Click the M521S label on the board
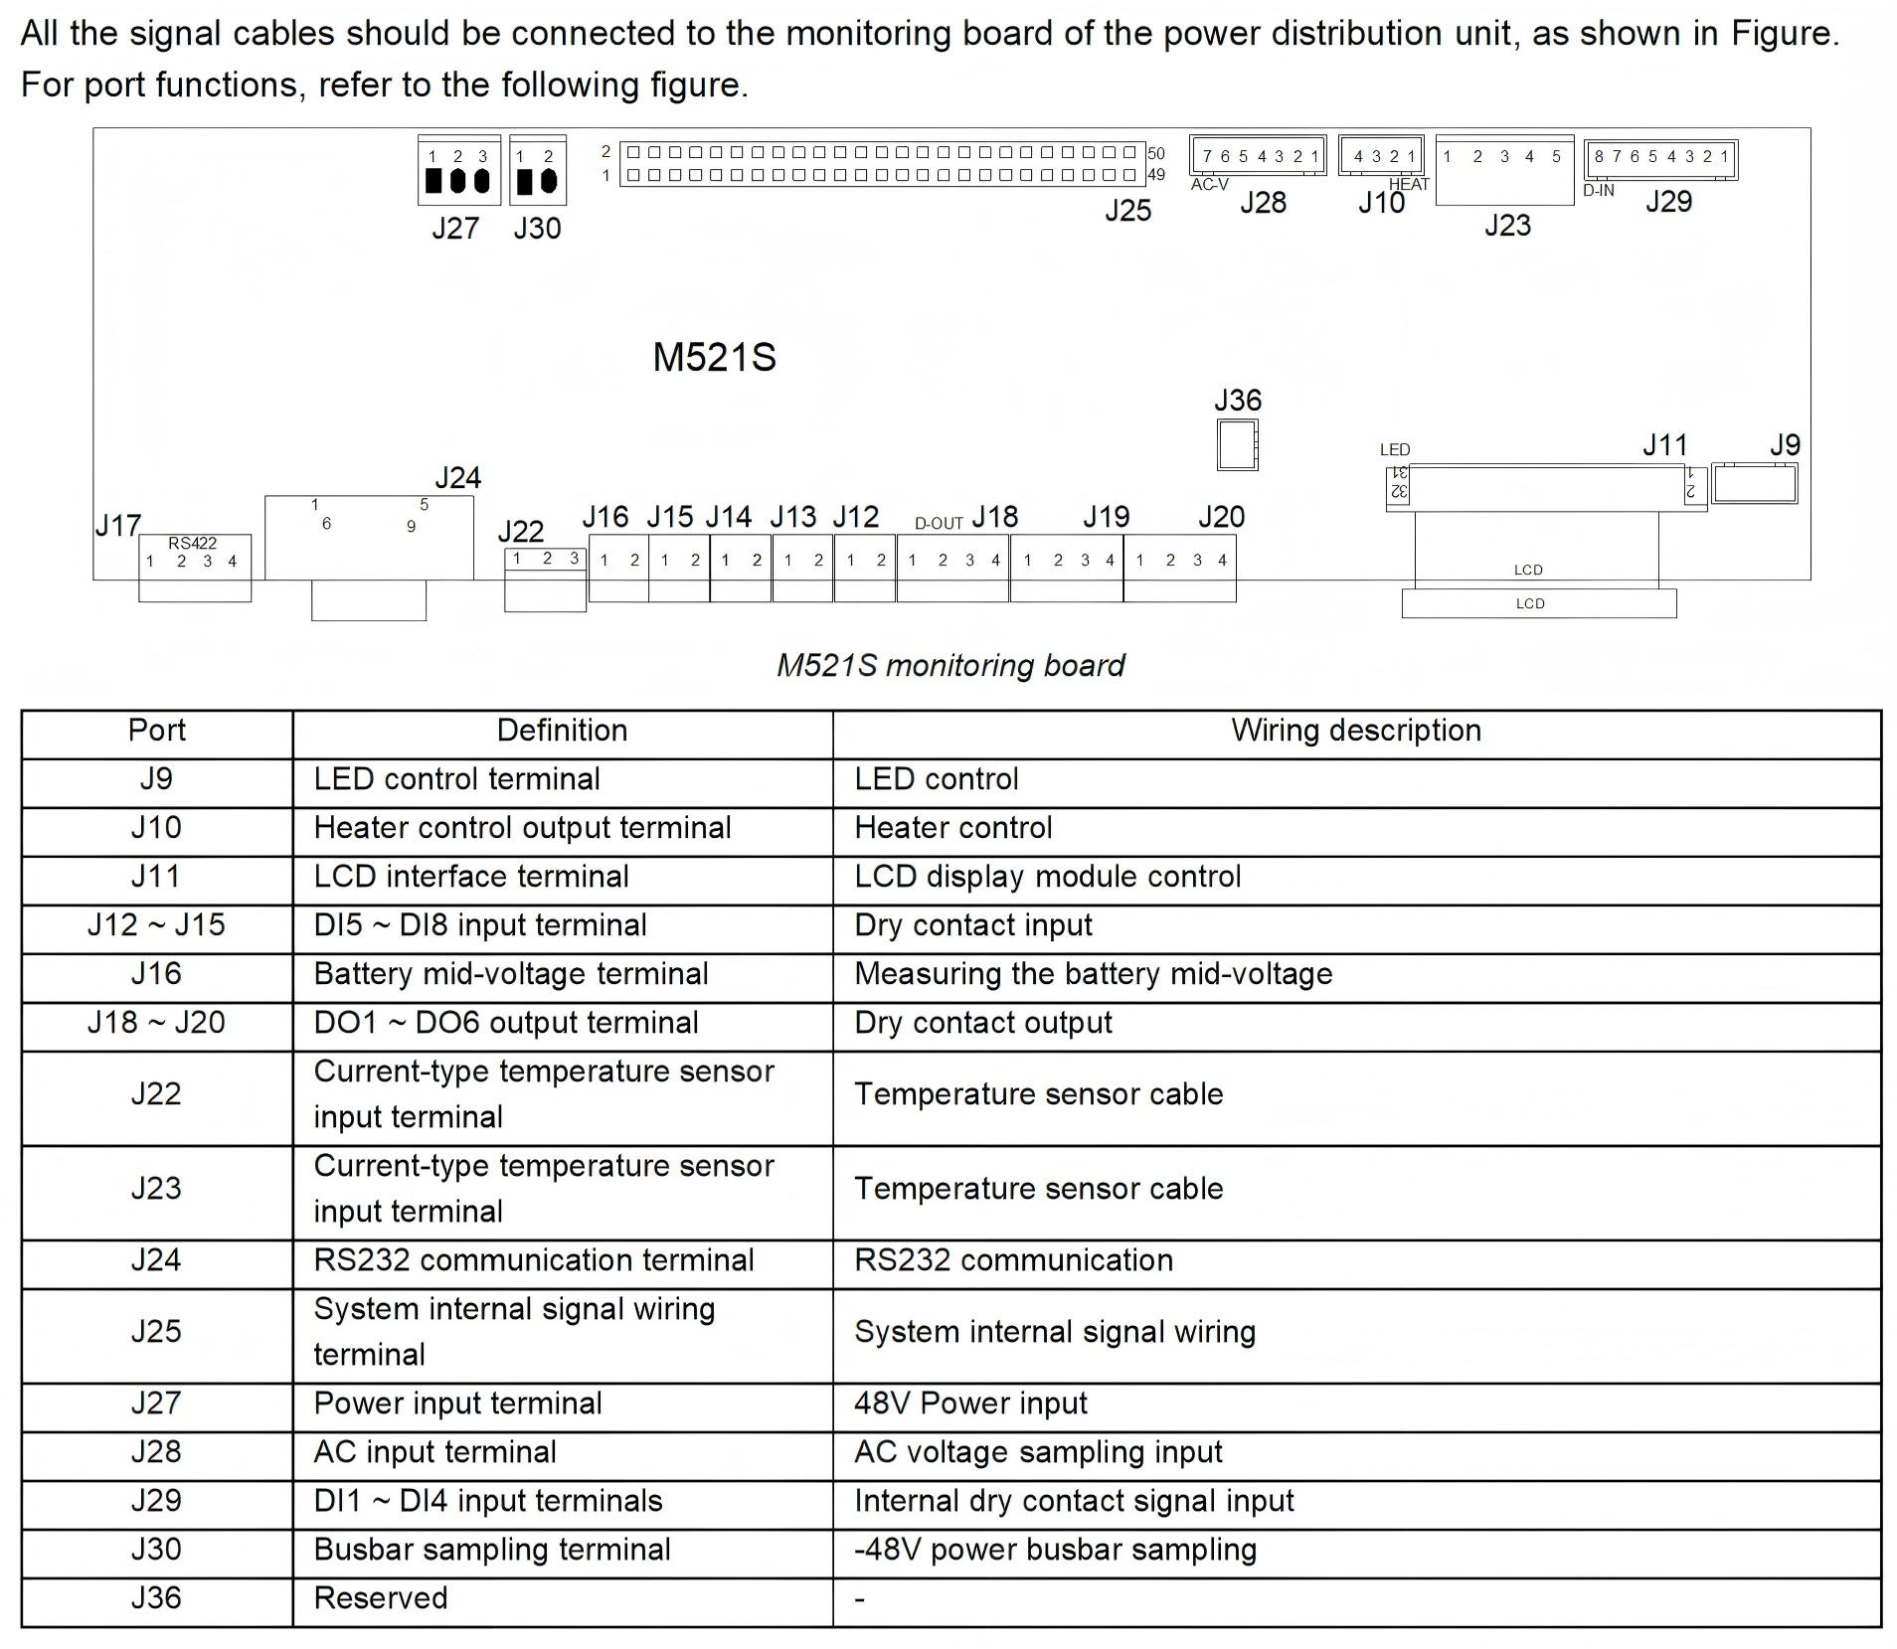tap(714, 358)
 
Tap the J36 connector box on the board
tap(1237, 444)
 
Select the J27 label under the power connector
tap(454, 229)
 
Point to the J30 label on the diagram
tap(537, 229)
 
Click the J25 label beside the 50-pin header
tap(1127, 211)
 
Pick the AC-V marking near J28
tap(1209, 185)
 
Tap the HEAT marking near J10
tap(1408, 184)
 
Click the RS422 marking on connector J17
tap(192, 544)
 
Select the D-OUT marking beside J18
tap(939, 524)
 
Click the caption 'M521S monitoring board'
tap(949, 665)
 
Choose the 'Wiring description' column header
tap(1355, 731)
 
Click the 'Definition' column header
tap(562, 731)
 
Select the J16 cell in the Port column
tap(156, 974)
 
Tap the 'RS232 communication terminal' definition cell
tap(534, 1260)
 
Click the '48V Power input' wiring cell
tap(970, 1403)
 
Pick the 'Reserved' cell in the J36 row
tap(381, 1598)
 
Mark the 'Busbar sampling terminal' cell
tap(492, 1550)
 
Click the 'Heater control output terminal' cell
tap(522, 828)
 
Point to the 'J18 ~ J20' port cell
tap(156, 1023)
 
